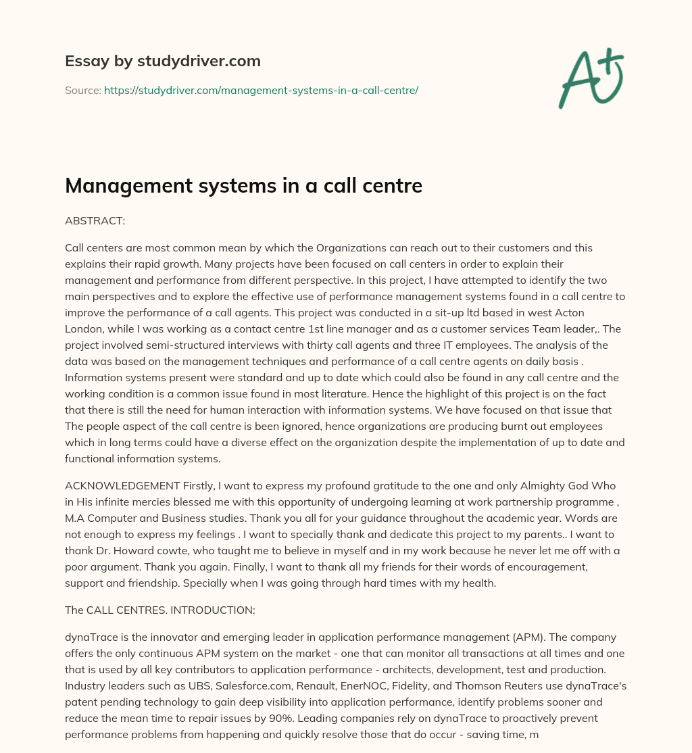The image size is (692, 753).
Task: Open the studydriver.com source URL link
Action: (261, 90)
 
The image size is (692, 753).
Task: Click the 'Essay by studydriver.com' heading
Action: (162, 61)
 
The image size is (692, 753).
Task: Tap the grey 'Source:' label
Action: (83, 90)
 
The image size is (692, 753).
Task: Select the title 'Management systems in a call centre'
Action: (243, 186)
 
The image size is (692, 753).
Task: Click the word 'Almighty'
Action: (520, 486)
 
